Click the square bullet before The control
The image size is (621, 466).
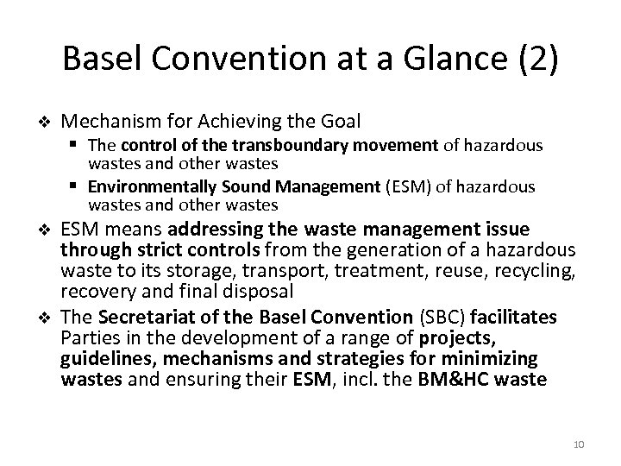tap(78, 145)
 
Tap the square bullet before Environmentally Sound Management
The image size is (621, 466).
tap(78, 186)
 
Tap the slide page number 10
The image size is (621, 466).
tap(577, 443)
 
